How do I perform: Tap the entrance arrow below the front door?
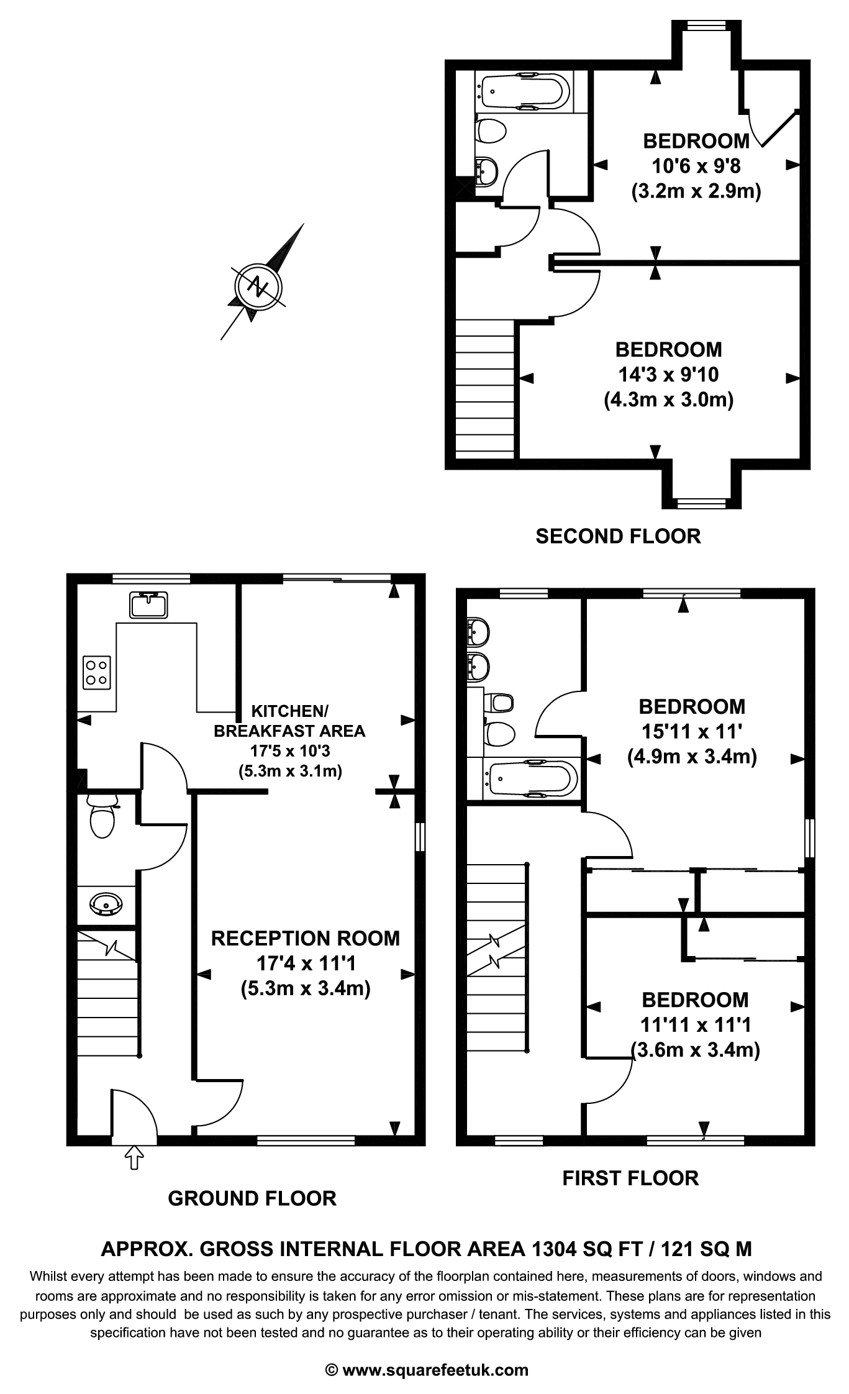click(134, 1157)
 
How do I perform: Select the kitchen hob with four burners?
click(97, 672)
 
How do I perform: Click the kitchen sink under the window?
click(148, 604)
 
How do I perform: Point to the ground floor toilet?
click(102, 818)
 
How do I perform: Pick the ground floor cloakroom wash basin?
click(106, 903)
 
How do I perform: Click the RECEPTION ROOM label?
click(306, 938)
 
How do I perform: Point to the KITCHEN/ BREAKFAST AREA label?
click(289, 721)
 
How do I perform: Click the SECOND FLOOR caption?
click(618, 536)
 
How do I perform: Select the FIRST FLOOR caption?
click(630, 1178)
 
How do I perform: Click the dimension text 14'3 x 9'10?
click(668, 375)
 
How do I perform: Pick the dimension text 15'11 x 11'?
click(692, 731)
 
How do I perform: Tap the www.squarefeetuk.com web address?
click(435, 1369)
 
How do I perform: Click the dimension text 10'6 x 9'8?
click(696, 166)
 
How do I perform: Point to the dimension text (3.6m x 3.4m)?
click(695, 1050)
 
